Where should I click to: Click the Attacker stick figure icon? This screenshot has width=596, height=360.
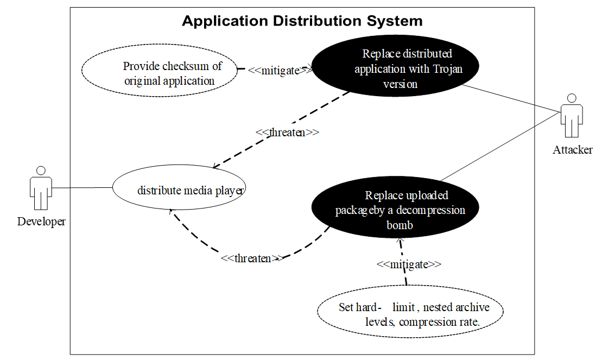click(x=571, y=116)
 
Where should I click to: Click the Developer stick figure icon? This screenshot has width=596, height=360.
click(x=40, y=188)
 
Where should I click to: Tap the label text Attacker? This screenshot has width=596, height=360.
click(x=573, y=150)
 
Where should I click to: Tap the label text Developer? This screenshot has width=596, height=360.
click(x=41, y=222)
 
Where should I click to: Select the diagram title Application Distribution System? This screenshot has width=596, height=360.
click(x=302, y=21)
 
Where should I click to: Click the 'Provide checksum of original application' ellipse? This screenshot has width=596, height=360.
click(x=160, y=73)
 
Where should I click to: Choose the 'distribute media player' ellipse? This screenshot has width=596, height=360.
click(x=179, y=190)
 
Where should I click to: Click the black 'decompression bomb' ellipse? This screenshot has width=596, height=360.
click(x=395, y=210)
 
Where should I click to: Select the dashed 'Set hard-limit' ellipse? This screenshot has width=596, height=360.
click(x=410, y=314)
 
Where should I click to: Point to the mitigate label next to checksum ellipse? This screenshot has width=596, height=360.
click(x=281, y=71)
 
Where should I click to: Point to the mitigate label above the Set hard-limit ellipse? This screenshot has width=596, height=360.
click(x=409, y=264)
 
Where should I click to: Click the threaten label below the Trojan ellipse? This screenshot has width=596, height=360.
click(x=287, y=132)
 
